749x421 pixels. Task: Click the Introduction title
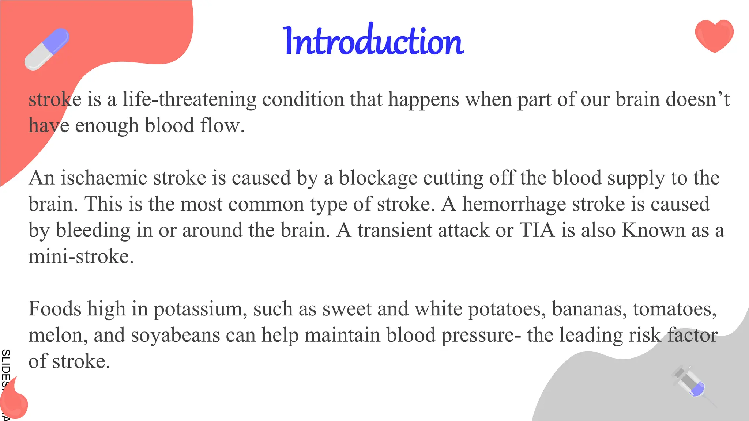(x=374, y=41)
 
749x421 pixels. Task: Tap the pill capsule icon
(x=47, y=49)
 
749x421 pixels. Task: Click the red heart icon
(x=714, y=36)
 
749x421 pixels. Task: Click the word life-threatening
(x=189, y=99)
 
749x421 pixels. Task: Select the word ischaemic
(x=103, y=178)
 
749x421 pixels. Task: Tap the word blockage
(x=378, y=178)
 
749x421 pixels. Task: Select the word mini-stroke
(x=81, y=257)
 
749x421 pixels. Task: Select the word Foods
(x=55, y=309)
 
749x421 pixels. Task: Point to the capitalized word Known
(x=654, y=230)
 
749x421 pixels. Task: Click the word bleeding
(x=93, y=230)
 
